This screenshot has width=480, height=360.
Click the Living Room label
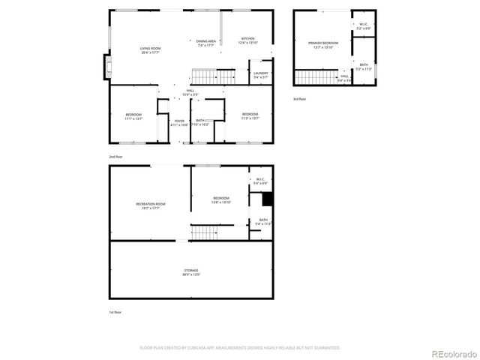pyautogui.click(x=151, y=50)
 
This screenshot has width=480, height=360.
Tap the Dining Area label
pyautogui.click(x=206, y=43)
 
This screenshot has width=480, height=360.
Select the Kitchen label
pyautogui.click(x=248, y=40)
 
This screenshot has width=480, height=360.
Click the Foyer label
pyautogui.click(x=179, y=122)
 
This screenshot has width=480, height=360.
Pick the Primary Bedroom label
pyautogui.click(x=324, y=45)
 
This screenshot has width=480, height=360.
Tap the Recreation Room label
pyautogui.click(x=151, y=205)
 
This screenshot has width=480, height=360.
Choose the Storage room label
pyautogui.click(x=191, y=272)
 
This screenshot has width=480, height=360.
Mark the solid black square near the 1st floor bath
pyautogui.click(x=265, y=199)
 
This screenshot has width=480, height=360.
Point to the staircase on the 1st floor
pyautogui.click(x=204, y=232)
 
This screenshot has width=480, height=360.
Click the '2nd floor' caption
pyautogui.click(x=115, y=156)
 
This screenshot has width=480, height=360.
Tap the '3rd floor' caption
pyautogui.click(x=299, y=98)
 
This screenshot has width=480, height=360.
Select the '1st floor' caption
pyautogui.click(x=115, y=311)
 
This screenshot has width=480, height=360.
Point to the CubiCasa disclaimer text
pyautogui.click(x=240, y=347)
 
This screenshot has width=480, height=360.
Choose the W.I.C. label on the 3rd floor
pyautogui.click(x=363, y=25)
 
